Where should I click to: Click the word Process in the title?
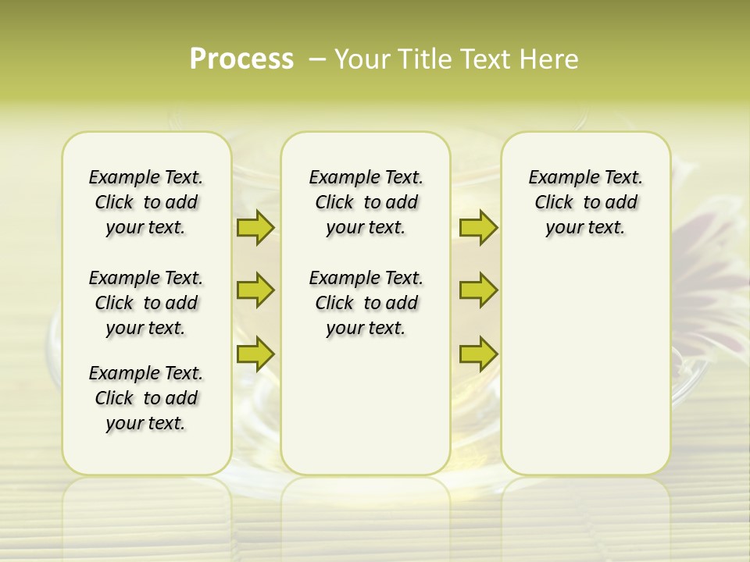tap(241, 59)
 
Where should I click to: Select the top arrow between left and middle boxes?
tap(255, 227)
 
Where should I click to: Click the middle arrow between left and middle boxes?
tap(255, 290)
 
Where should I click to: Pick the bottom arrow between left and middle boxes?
tap(255, 354)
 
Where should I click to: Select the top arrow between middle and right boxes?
tap(478, 227)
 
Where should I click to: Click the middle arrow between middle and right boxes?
tap(478, 290)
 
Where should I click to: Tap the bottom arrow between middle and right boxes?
tap(478, 354)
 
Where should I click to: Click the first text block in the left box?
tap(146, 202)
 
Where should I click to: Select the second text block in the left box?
tap(146, 303)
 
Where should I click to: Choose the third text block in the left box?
tap(146, 398)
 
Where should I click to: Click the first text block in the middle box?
tap(366, 202)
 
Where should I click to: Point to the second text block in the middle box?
tap(366, 303)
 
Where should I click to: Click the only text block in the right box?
tap(585, 202)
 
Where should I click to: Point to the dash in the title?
tap(317, 59)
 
